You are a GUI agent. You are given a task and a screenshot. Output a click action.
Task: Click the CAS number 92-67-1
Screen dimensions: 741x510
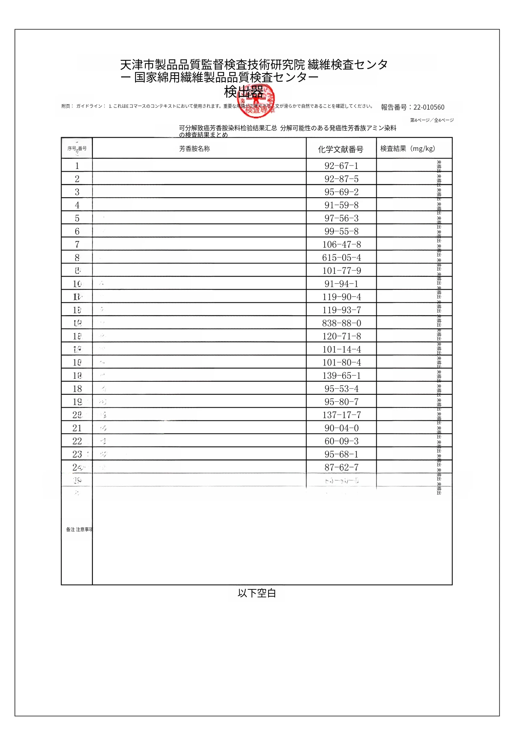[x=341, y=166]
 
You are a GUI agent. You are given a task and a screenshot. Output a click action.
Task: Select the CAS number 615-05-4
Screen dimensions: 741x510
[x=341, y=258]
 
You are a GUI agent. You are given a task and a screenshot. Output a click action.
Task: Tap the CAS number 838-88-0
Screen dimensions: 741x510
[x=341, y=323]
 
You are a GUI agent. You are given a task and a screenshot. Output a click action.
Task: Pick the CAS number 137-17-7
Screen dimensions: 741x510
[x=341, y=415]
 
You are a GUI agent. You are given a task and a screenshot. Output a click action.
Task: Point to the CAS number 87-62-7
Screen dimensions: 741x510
[x=341, y=467]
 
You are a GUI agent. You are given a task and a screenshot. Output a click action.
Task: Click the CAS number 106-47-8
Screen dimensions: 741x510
[x=341, y=245]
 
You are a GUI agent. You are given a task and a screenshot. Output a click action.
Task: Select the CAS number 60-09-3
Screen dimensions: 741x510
[x=341, y=441]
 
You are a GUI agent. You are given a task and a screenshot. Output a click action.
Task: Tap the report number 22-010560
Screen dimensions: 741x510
[x=429, y=107]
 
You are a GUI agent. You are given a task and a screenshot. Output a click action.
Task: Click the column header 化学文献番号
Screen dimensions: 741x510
[x=340, y=149]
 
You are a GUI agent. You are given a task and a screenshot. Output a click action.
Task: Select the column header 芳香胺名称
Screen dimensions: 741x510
[x=194, y=149]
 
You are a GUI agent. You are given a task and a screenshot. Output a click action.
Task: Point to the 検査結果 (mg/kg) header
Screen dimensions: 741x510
[x=407, y=148]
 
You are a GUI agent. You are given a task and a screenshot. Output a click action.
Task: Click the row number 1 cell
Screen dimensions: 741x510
[x=77, y=166]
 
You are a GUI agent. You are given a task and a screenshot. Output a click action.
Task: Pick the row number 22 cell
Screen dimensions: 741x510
[x=77, y=441]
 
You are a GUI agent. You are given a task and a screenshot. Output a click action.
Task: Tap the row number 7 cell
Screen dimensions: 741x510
[x=77, y=245]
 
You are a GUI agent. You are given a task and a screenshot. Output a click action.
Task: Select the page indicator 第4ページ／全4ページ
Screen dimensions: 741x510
[x=432, y=120]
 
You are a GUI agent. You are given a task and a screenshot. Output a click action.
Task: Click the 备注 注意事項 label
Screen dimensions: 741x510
[x=79, y=529]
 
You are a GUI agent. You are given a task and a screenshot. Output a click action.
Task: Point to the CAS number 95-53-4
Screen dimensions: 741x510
[x=341, y=389]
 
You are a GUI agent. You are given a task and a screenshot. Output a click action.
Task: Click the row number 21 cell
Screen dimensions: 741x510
[x=77, y=428]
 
